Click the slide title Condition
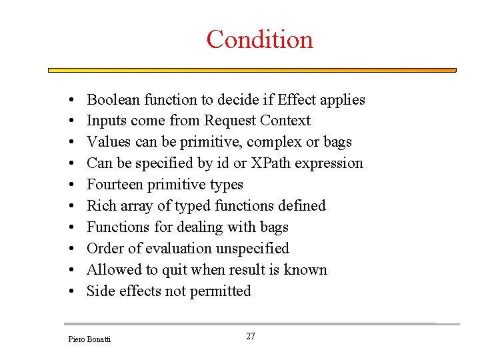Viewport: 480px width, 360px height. [x=259, y=39]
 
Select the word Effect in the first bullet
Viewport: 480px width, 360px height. [x=297, y=99]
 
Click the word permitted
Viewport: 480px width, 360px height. [x=219, y=291]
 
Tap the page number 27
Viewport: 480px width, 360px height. [x=251, y=336]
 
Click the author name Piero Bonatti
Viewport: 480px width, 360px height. [x=89, y=339]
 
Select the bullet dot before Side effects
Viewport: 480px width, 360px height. [x=71, y=291]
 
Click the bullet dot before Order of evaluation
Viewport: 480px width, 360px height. [x=71, y=249]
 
